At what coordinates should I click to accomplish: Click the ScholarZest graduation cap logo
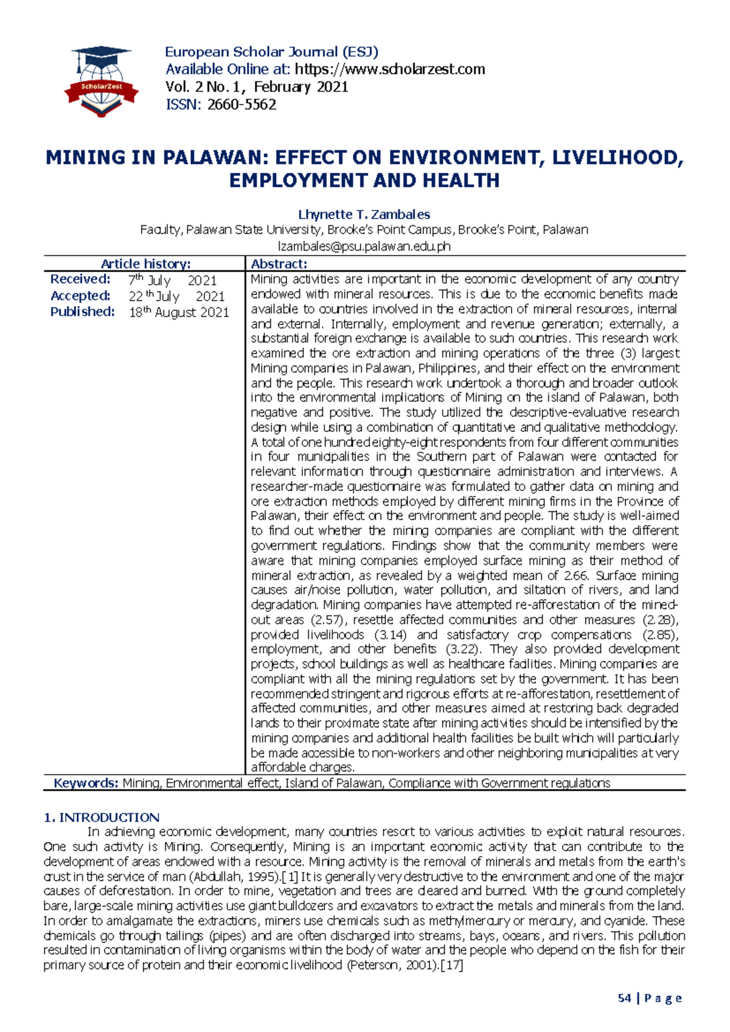tap(101, 81)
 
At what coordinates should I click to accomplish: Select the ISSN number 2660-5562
tap(242, 105)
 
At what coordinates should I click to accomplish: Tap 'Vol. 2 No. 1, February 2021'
tap(256, 87)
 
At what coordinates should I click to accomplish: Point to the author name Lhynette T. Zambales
tap(364, 214)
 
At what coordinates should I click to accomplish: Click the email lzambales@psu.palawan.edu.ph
tap(364, 246)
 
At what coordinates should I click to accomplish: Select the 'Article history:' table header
tap(145, 263)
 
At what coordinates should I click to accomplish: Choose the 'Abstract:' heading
tap(279, 263)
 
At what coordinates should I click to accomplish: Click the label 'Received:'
tap(80, 279)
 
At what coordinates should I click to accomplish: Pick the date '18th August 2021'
tap(179, 312)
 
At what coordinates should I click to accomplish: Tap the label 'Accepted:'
tap(80, 296)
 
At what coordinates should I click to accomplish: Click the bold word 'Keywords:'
tap(86, 783)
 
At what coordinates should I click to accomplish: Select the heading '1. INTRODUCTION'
tap(102, 817)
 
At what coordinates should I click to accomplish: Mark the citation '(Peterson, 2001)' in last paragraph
tap(392, 965)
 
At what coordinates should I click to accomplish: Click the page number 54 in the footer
tap(624, 998)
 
